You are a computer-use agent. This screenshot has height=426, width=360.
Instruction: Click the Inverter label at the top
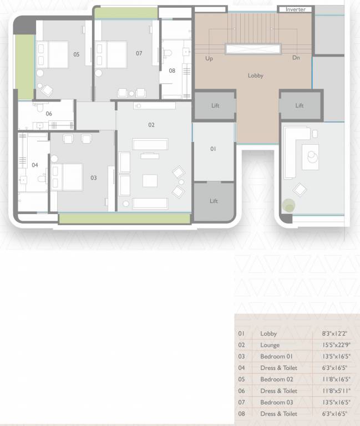tap(296, 9)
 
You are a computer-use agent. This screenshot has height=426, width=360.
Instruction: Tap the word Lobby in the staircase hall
tap(255, 75)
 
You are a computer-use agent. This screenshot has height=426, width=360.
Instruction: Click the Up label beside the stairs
tap(209, 58)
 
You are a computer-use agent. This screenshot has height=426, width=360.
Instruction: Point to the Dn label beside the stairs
tap(296, 58)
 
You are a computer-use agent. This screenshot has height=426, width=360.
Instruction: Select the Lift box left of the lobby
tap(215, 105)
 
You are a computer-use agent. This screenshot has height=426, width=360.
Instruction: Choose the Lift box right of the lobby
tap(300, 105)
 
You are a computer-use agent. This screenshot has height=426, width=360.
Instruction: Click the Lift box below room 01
tap(214, 201)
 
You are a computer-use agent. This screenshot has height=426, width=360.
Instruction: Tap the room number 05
tap(76, 54)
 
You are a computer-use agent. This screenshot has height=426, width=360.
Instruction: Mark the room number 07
tap(139, 53)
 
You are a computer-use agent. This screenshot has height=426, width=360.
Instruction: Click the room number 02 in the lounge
tap(151, 125)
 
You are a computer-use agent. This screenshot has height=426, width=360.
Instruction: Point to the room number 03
tap(93, 178)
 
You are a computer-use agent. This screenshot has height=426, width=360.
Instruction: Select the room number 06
tap(49, 114)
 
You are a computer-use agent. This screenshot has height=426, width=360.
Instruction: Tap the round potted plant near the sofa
tap(288, 207)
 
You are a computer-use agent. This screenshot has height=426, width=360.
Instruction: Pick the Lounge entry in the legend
tap(270, 345)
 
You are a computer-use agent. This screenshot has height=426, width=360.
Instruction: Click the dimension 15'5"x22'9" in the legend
tap(336, 345)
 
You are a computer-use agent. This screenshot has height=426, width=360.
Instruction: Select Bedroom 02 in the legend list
tap(276, 379)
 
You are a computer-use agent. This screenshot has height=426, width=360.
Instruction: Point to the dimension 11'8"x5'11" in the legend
tap(336, 390)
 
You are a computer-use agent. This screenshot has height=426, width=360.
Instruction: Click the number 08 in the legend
tap(241, 414)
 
